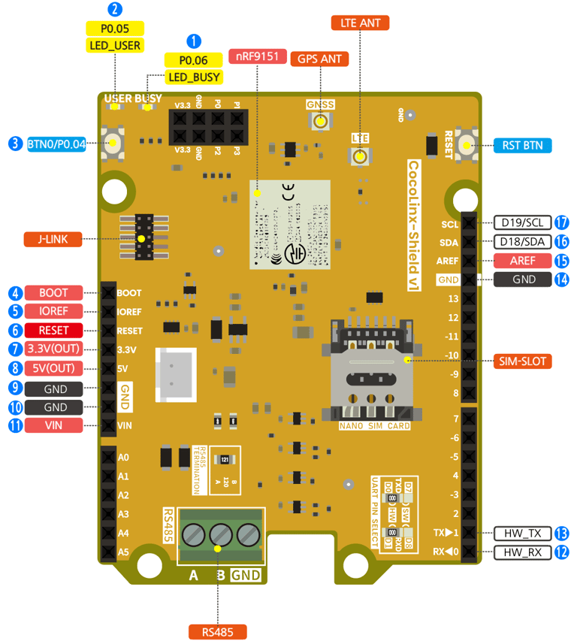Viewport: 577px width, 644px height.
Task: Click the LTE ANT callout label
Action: coord(360,23)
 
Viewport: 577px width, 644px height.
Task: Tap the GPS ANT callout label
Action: coord(320,59)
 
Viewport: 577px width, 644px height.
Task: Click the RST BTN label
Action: coord(522,145)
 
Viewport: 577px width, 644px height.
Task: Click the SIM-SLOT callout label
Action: coord(524,361)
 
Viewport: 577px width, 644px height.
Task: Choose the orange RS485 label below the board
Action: coord(217,632)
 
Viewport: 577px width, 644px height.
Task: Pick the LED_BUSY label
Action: coord(194,77)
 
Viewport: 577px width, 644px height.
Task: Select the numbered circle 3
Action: coord(14,143)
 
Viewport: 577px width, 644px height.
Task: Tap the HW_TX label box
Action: coord(522,533)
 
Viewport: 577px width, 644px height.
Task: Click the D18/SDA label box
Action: coord(522,241)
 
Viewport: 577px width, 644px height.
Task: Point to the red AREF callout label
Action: coord(522,261)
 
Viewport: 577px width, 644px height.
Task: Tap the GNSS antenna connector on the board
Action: coord(321,121)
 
